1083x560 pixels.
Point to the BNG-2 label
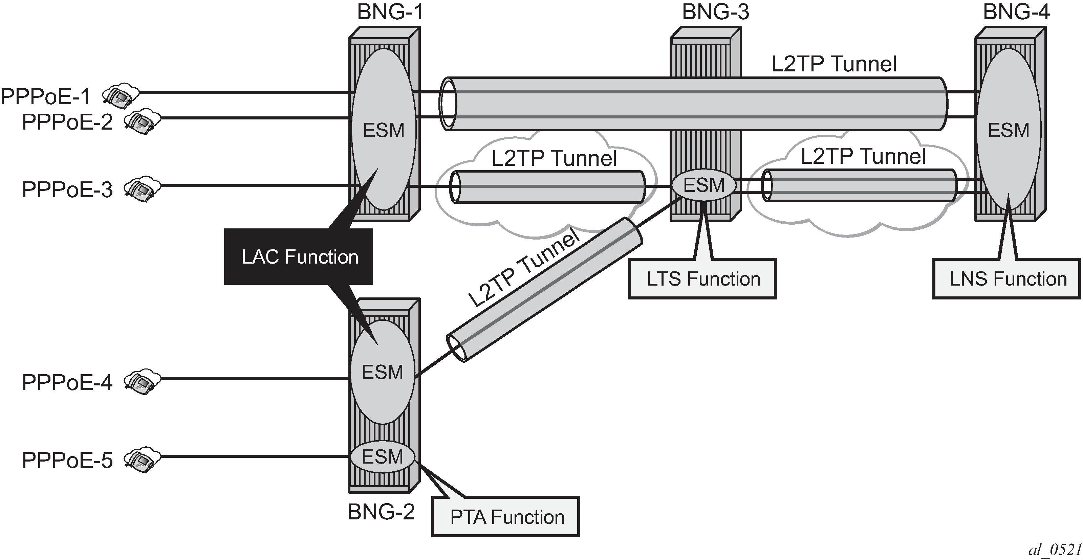381,512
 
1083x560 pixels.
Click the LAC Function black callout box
299,257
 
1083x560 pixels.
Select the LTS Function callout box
703,279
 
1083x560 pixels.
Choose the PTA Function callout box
506,517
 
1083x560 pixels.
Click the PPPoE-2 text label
67,122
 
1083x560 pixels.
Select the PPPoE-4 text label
67,382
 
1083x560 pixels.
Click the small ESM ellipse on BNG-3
704,185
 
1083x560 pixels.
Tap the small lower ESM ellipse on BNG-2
382,457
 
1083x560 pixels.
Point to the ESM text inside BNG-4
1008,130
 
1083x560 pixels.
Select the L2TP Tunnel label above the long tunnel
834,64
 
